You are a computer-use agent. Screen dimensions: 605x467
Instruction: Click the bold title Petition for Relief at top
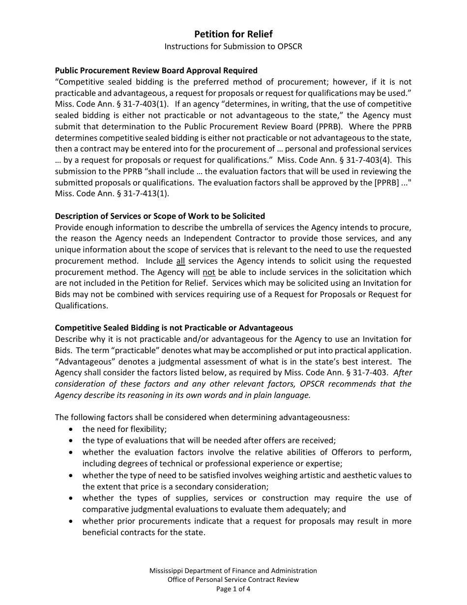click(x=233, y=34)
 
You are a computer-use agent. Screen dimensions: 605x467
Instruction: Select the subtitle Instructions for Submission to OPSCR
click(x=233, y=47)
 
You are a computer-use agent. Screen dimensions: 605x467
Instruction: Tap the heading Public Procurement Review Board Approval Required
click(x=156, y=70)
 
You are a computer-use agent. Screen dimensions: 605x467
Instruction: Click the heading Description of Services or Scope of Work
click(x=160, y=216)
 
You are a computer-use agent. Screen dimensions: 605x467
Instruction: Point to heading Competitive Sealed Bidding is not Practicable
click(x=174, y=328)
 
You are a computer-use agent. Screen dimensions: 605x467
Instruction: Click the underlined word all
click(x=180, y=261)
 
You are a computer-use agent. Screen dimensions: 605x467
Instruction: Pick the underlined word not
click(x=209, y=272)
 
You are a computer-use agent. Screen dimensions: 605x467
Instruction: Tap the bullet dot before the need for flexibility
click(x=72, y=429)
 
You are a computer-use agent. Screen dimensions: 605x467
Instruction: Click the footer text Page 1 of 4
click(x=233, y=588)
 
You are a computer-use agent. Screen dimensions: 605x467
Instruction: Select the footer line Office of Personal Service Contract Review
click(x=233, y=579)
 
